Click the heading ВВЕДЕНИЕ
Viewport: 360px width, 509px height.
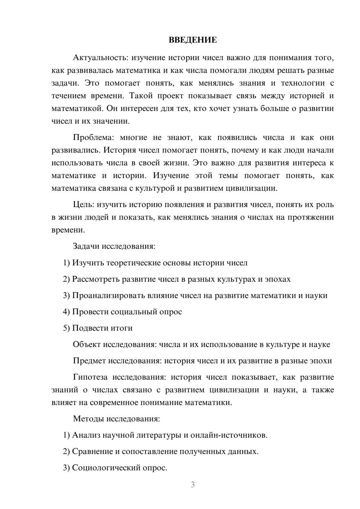(x=193, y=40)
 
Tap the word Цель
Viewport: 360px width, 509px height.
(x=83, y=205)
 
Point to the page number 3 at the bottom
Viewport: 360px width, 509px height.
(x=193, y=485)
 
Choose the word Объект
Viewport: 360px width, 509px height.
(x=87, y=344)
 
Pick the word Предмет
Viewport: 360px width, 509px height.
(x=90, y=361)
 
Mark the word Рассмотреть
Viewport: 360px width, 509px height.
(x=96, y=279)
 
